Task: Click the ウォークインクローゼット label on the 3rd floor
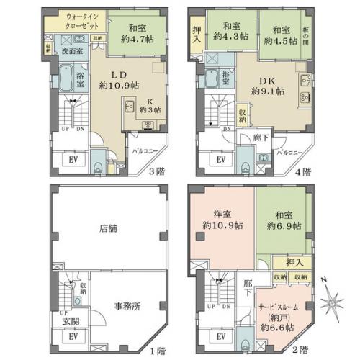coord(70,19)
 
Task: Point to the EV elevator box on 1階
coord(73,337)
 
